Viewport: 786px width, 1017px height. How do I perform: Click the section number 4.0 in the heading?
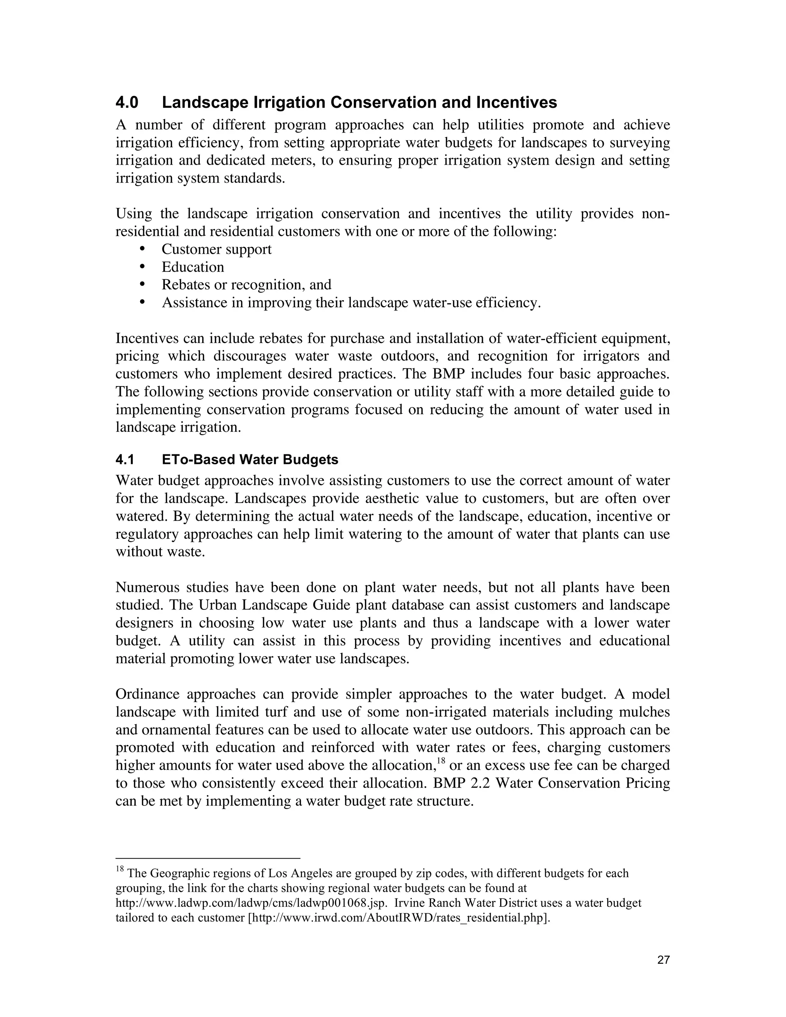(x=127, y=102)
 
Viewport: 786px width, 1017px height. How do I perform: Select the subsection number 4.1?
(x=124, y=460)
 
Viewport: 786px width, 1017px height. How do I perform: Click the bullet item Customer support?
(x=216, y=249)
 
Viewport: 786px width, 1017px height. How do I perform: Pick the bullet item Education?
(x=193, y=267)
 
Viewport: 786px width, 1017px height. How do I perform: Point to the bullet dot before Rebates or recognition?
(x=142, y=284)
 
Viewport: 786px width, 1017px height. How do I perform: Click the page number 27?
(x=664, y=959)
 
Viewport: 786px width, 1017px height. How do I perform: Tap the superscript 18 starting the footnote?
(x=119, y=869)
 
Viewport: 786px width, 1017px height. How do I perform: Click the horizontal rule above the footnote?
(x=208, y=858)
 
